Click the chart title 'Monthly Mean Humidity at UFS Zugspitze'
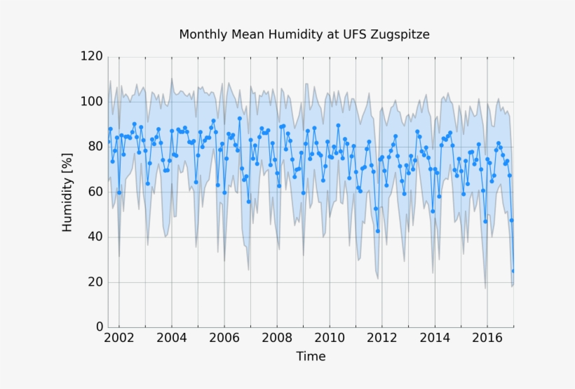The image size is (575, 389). [x=304, y=34]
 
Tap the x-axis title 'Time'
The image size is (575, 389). [x=311, y=356]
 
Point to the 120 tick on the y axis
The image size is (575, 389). [x=91, y=57]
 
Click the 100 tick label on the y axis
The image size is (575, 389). [x=91, y=102]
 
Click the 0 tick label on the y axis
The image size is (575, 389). [x=99, y=327]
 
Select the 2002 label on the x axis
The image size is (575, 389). [x=119, y=338]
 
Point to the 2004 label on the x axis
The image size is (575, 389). [x=171, y=338]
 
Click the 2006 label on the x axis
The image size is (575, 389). [x=224, y=338]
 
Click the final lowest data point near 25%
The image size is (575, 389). [x=513, y=271]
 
